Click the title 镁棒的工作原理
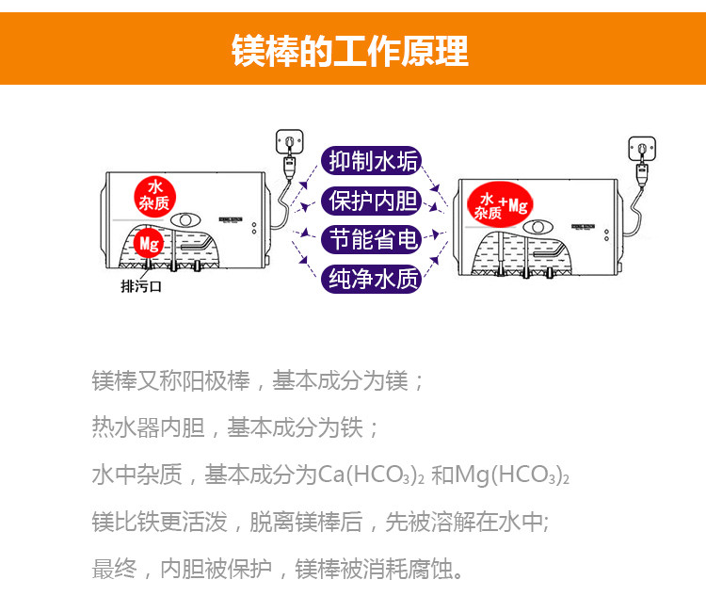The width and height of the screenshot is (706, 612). coord(350,51)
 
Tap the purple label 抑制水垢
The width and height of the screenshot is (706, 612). coord(372,161)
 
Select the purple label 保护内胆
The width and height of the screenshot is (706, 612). coord(372,201)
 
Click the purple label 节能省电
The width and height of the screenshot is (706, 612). coord(372,239)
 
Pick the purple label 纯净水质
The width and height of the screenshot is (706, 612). coord(372,279)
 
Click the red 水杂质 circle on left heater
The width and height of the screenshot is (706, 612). coord(154,197)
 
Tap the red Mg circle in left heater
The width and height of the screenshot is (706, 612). coord(149,244)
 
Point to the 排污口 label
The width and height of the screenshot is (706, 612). coord(141,286)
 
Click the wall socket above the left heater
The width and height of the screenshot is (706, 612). coord(289,141)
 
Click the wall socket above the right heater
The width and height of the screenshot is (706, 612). coord(642,149)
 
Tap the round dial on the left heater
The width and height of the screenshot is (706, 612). coord(185,220)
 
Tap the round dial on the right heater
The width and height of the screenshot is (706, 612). coord(538,227)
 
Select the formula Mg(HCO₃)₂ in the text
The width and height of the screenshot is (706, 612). coord(512,475)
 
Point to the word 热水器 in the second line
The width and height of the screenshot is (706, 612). coord(125,427)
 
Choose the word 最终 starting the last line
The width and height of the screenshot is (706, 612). coord(114,569)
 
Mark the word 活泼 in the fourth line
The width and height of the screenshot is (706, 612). coord(204,522)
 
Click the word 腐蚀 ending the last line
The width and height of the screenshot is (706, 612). coord(430,569)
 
